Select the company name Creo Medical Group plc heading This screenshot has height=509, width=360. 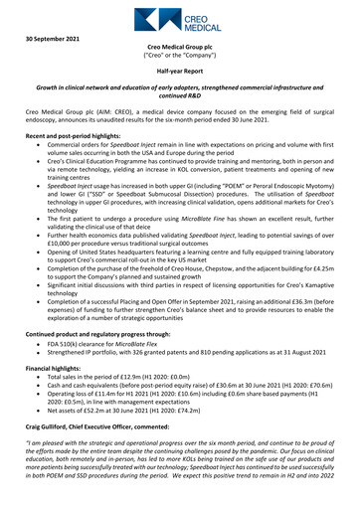[179, 47]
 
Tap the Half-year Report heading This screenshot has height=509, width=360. [179, 73]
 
